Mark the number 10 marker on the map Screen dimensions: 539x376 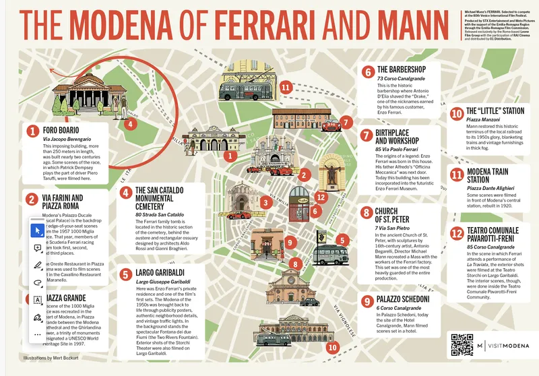pos(331,348)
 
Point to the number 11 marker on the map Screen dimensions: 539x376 pos(286,87)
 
